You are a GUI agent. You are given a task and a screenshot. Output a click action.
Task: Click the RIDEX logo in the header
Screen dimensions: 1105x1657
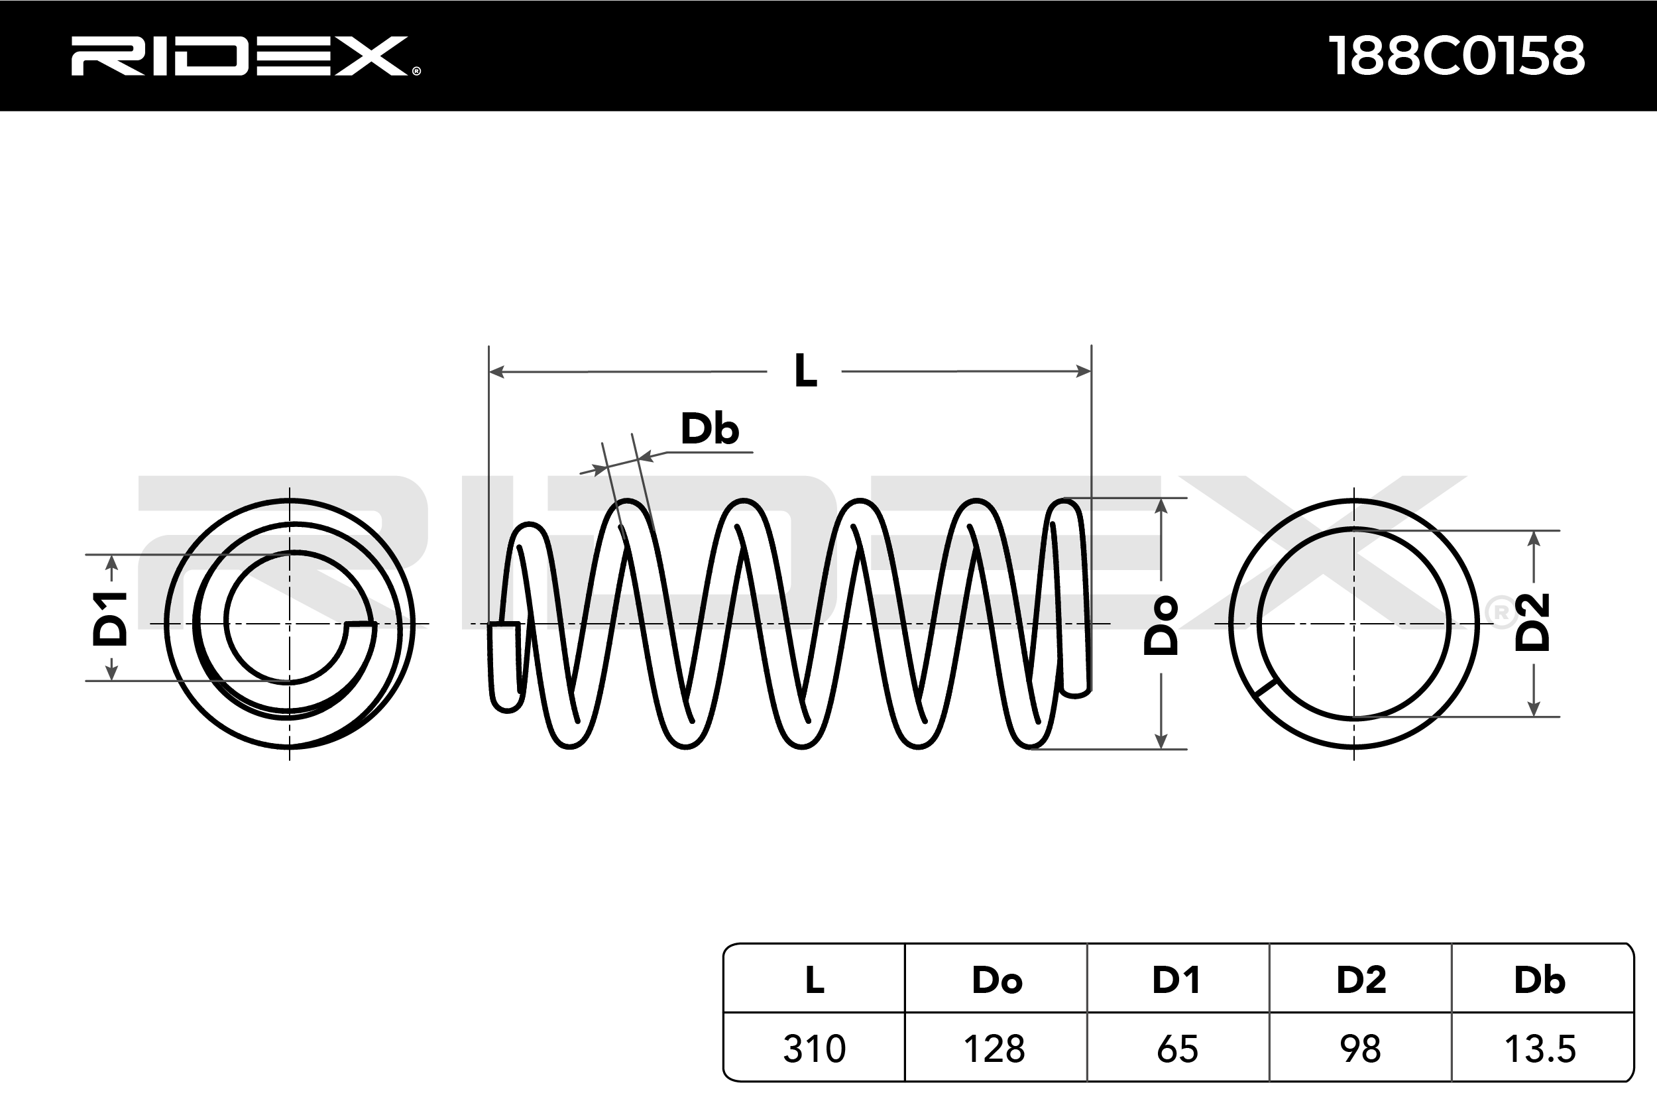pyautogui.click(x=245, y=56)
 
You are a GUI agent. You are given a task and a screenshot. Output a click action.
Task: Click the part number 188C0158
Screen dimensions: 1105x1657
pyautogui.click(x=1456, y=56)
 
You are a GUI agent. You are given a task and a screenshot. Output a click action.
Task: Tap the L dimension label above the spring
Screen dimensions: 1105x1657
pyautogui.click(x=805, y=371)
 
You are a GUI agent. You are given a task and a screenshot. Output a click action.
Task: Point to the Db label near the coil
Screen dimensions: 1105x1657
pyautogui.click(x=709, y=429)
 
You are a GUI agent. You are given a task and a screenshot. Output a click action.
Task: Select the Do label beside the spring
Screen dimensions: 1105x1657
pyautogui.click(x=1161, y=625)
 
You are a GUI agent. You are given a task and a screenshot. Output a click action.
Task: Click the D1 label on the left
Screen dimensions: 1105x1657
pyautogui.click(x=111, y=619)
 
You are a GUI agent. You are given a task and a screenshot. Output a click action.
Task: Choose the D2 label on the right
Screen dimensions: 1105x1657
pyautogui.click(x=1533, y=622)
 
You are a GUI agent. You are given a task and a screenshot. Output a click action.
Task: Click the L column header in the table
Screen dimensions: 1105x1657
pyautogui.click(x=815, y=980)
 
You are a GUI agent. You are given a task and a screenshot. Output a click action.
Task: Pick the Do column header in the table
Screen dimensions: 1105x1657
pyautogui.click(x=996, y=980)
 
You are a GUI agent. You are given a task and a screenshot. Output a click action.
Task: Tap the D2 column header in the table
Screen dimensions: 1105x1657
pyautogui.click(x=1361, y=980)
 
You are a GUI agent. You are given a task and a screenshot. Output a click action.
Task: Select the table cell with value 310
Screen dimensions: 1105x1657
pyautogui.click(x=815, y=1049)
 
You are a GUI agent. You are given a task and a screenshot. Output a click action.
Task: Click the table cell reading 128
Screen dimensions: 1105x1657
pyautogui.click(x=995, y=1049)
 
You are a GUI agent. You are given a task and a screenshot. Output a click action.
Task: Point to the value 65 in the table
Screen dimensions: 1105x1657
pyautogui.click(x=1177, y=1049)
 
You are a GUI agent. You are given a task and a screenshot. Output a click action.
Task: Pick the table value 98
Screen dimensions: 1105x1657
pyautogui.click(x=1361, y=1049)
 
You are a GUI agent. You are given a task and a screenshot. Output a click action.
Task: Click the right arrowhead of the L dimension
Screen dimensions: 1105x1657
pyautogui.click(x=1084, y=371)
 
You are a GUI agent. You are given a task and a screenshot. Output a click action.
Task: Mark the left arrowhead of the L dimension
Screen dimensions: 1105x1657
pyautogui.click(x=496, y=371)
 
